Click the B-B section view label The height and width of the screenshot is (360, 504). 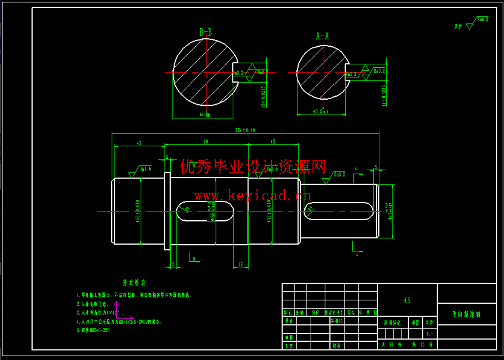(x=205, y=32)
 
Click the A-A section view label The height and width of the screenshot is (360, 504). (x=322, y=36)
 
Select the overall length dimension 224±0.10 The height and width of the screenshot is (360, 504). (x=245, y=130)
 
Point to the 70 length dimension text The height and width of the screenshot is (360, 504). (x=205, y=142)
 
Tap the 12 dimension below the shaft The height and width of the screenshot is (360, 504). (x=241, y=264)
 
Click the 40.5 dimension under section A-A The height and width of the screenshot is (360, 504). (x=321, y=112)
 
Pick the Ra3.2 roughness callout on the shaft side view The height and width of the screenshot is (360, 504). (x=339, y=174)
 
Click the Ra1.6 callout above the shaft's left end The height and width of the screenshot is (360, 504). (x=145, y=169)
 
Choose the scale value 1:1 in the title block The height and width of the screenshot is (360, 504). (x=430, y=334)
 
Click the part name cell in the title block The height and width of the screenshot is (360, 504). (x=466, y=314)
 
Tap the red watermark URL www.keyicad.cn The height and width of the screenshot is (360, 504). (x=253, y=195)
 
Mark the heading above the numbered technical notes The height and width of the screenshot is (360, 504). (x=134, y=283)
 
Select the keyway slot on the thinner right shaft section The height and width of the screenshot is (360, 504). (x=339, y=211)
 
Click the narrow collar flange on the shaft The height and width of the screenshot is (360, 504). (x=167, y=211)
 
